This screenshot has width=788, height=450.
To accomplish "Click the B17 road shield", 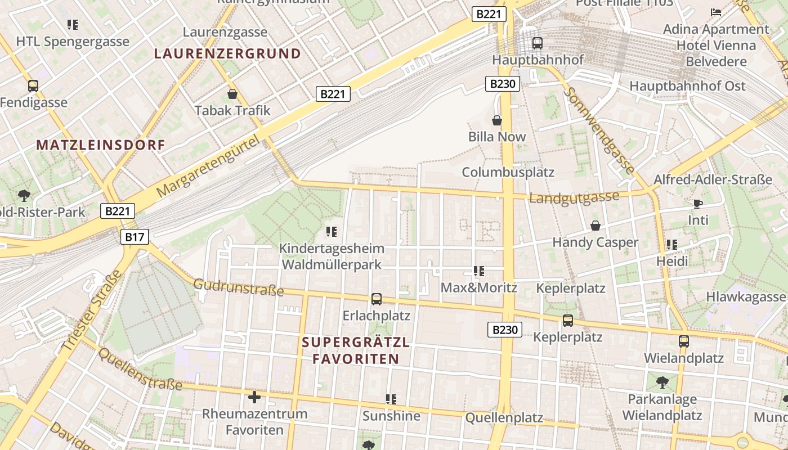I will [135, 237].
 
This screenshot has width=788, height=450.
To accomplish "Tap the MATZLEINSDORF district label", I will [101, 145].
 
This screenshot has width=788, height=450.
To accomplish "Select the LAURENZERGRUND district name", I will [227, 54].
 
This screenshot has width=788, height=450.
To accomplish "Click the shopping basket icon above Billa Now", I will [497, 120].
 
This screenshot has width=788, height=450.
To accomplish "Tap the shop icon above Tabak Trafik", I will [232, 94].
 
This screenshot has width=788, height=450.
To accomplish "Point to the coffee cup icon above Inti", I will [698, 204].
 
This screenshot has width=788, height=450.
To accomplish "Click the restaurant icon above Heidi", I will [671, 245].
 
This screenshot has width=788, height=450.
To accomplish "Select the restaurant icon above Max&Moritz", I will [479, 271].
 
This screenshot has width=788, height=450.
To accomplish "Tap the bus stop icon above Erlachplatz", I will [376, 299].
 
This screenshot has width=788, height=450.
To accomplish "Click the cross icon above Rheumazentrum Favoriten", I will [254, 398].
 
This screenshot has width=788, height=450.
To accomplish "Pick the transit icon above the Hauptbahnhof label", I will [537, 43].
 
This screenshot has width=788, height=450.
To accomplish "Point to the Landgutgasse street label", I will [574, 197].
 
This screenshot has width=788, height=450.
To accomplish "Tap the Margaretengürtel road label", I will [209, 165].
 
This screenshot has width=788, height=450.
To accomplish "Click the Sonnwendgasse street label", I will [601, 130].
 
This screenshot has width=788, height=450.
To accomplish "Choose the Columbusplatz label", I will [508, 172].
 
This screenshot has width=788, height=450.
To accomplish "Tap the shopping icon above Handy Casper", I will [596, 226].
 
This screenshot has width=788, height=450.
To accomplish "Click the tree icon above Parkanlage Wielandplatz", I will [662, 382].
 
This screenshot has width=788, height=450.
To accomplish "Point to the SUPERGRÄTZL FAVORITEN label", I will [356, 350].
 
